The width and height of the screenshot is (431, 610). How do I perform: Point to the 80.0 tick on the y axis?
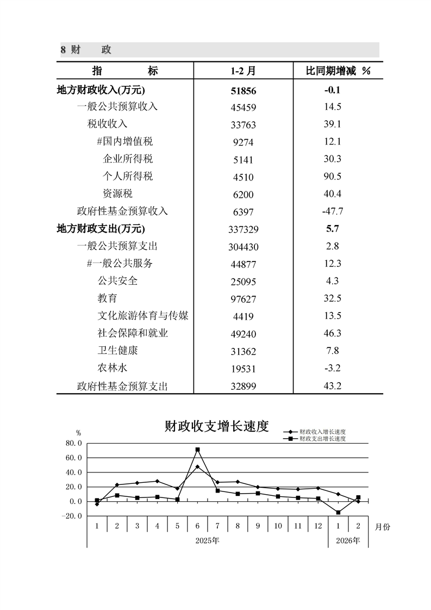coord(73,443)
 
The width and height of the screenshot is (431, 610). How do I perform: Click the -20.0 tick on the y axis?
coord(72,516)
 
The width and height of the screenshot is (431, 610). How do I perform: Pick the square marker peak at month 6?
coord(197,450)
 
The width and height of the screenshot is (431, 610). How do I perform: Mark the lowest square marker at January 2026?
coord(338,513)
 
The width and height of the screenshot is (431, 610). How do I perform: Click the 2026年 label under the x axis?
coord(348,540)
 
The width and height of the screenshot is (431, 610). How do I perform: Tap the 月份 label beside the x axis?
coord(383,526)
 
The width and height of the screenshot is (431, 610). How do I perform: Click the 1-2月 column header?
coord(243,71)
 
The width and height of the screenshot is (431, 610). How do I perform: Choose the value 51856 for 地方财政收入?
coord(243,90)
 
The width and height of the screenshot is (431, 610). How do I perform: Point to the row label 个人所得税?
coord(128,176)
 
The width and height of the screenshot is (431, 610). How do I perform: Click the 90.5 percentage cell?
coord(332,176)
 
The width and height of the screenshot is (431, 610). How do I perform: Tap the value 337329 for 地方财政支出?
coord(243,229)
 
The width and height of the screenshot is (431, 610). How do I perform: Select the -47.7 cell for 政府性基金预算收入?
coord(332,211)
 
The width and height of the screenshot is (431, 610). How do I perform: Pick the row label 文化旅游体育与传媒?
coord(143,316)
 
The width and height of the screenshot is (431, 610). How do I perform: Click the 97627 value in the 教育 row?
coord(243,299)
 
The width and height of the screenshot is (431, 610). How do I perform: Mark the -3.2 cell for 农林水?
coord(332,369)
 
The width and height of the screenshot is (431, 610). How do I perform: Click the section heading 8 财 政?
coord(86,50)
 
